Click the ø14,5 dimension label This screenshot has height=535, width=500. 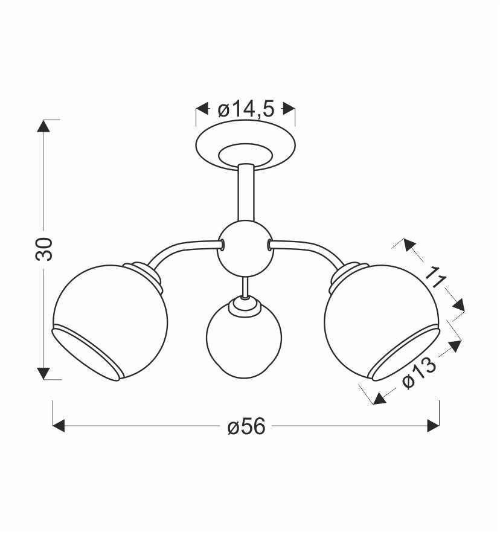pos(246,110)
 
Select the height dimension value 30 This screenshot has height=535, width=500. pos(44,249)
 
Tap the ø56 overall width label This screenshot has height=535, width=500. pos(246,426)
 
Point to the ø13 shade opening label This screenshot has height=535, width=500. pos(419,373)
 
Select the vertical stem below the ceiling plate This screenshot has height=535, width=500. pos(246,192)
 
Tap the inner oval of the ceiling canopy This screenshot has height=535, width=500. pos(246,155)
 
